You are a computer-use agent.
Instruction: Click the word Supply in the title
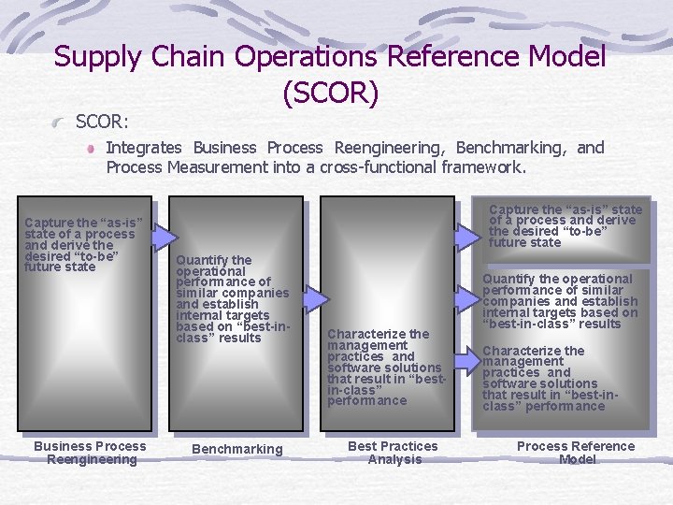point(96,57)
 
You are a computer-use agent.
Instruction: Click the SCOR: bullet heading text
point(102,122)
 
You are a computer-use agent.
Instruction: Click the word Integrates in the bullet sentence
point(145,147)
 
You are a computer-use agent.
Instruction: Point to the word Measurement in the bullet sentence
point(206,168)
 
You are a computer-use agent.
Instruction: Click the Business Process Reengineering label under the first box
point(90,453)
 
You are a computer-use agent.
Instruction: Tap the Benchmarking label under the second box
point(236,449)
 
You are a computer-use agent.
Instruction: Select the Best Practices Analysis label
point(393,453)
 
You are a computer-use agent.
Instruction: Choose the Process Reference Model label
point(576,453)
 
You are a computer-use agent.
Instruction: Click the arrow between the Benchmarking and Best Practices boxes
point(317,298)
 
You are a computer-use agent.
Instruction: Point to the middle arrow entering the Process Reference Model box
point(465,298)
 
